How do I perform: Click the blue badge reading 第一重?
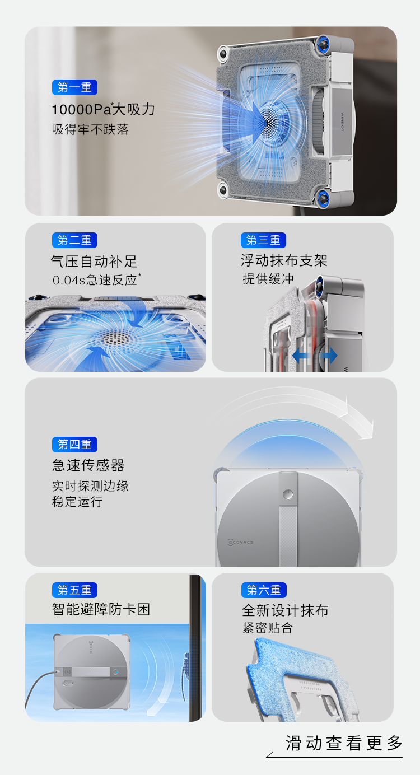[74, 87]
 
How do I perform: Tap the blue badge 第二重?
[74, 240]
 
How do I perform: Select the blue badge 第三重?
[263, 240]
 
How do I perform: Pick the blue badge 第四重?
[74, 444]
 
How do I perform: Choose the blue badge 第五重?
[74, 590]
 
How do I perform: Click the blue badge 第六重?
[264, 590]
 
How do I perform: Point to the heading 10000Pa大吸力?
[103, 109]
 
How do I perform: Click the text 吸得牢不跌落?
[90, 129]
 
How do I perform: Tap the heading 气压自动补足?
[94, 261]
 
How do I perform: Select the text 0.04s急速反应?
[96, 280]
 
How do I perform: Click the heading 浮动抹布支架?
[284, 260]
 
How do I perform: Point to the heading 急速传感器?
[88, 465]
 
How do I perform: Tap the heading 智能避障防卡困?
[101, 609]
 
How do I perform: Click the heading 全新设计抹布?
[285, 610]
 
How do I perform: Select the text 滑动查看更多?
[344, 743]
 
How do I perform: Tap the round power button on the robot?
[288, 494]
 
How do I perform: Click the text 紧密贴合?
[268, 628]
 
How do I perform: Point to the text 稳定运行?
[77, 502]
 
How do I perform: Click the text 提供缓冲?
[268, 278]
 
